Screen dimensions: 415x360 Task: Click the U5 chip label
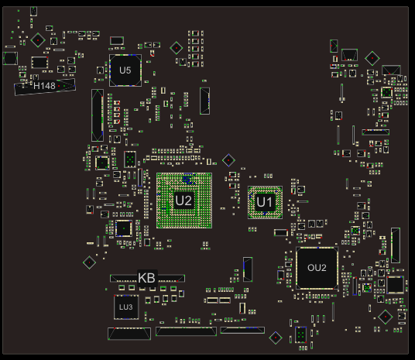[x=125, y=70]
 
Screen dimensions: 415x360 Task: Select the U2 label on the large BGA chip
[x=183, y=201]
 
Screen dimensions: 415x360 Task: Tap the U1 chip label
[x=264, y=202]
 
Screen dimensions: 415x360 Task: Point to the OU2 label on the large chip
[x=317, y=268]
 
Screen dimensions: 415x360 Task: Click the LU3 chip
[x=126, y=307]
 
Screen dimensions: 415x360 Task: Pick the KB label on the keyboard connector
[x=146, y=278]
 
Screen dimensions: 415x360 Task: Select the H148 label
[x=44, y=86]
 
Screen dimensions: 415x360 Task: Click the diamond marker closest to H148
[x=38, y=40]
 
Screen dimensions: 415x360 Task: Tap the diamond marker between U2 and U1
[x=228, y=160]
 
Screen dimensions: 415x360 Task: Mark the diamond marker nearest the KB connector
[x=90, y=262]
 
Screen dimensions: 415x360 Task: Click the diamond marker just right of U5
[x=177, y=48]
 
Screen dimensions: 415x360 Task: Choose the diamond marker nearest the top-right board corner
[x=372, y=58]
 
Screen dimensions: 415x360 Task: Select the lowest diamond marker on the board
[x=276, y=338]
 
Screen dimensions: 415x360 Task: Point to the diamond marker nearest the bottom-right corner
[x=386, y=317]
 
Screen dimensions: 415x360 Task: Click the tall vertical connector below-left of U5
[x=98, y=115]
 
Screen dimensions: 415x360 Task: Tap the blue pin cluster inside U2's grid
[x=188, y=179]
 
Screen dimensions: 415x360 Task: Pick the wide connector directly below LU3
[x=129, y=334]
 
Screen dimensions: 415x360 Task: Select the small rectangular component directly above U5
[x=117, y=41]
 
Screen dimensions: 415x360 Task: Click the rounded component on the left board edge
[x=10, y=59]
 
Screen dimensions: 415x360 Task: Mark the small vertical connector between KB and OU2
[x=248, y=269]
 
